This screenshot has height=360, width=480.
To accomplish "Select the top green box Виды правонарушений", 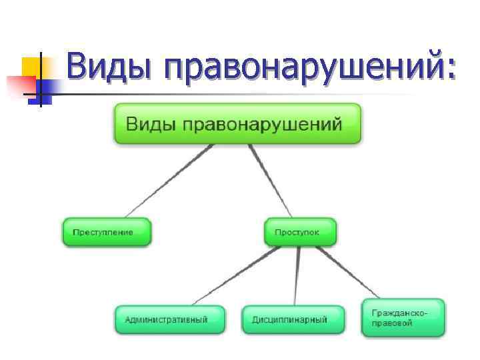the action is coord(237,123).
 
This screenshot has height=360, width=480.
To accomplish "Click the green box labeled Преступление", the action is coord(107,232).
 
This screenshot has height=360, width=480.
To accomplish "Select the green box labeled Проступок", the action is coord(301,232).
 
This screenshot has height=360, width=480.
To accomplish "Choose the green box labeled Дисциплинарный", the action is coord(293,319).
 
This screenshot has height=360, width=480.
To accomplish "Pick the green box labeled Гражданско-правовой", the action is coord(403,317).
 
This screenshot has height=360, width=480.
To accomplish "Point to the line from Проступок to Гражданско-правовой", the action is coord(350,273).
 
